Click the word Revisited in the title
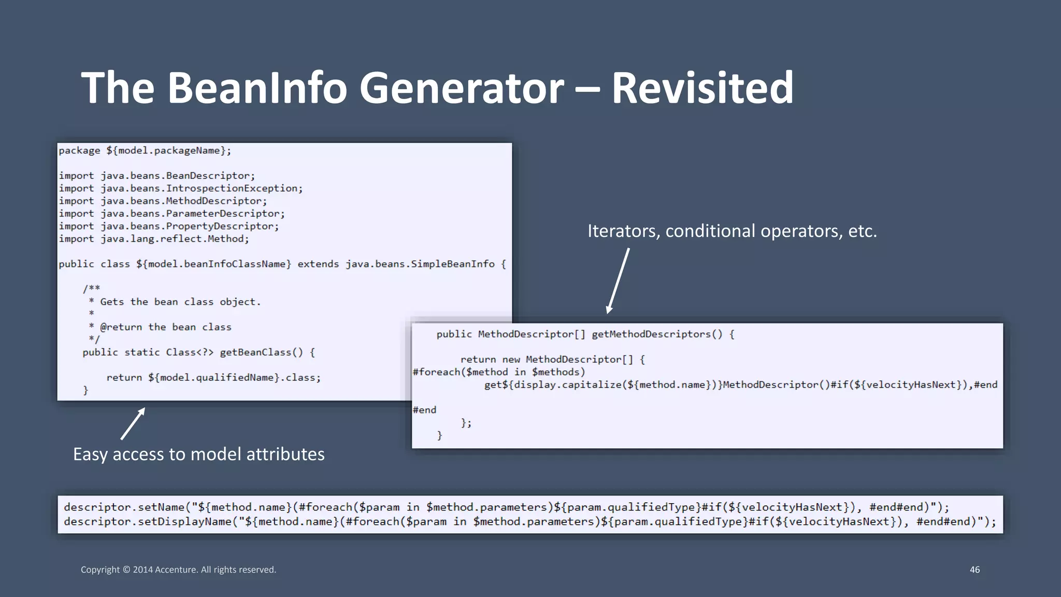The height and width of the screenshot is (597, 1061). point(702,88)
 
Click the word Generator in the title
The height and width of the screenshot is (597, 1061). point(461,88)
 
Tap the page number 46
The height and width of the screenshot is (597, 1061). point(974,570)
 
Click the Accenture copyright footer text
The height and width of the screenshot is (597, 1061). point(178,570)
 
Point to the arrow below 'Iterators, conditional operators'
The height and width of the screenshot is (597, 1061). point(618,280)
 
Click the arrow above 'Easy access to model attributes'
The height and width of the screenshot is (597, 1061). point(133,423)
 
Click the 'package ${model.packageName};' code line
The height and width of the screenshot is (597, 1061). point(145,151)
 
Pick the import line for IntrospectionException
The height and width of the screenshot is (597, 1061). point(180,189)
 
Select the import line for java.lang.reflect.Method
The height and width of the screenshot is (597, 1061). point(153,239)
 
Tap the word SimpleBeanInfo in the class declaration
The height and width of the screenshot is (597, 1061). point(453,264)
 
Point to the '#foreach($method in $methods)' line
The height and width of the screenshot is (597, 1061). point(498,372)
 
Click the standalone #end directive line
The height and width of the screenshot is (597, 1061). point(424,410)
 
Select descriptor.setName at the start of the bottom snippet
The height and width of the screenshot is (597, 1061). point(124,507)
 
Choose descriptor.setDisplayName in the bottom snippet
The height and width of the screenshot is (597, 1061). point(148,522)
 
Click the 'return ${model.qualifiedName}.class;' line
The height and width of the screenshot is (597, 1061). point(213,378)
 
